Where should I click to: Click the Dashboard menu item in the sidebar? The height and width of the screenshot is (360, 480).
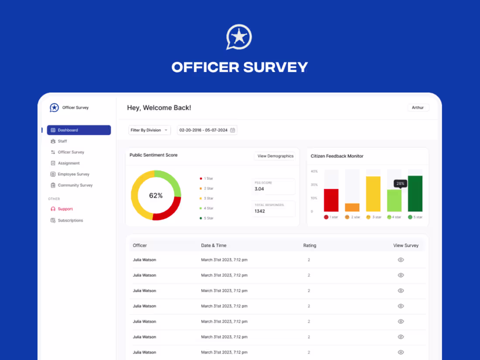[79, 130]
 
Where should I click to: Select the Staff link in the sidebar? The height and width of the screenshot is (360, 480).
[62, 141]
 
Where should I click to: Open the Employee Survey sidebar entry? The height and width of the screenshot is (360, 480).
[73, 174]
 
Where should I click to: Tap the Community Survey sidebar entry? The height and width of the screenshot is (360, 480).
[75, 185]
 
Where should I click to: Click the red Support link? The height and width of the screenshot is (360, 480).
[65, 209]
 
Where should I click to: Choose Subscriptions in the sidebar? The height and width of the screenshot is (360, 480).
[70, 220]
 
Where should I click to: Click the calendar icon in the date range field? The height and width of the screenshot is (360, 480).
[233, 130]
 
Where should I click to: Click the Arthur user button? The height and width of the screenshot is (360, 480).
[418, 108]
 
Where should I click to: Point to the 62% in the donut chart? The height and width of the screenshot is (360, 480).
[156, 195]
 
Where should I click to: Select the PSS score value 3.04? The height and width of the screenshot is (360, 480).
[259, 189]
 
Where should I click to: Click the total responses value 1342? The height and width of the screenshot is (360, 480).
[260, 211]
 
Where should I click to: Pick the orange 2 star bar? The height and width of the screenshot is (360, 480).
[352, 207]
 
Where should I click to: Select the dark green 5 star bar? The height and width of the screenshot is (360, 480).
[415, 194]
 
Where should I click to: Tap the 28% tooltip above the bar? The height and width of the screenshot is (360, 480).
[400, 184]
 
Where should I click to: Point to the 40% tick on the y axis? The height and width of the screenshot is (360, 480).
[314, 171]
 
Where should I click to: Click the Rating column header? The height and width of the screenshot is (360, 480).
[309, 246]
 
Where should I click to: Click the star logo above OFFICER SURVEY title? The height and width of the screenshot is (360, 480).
[239, 37]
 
